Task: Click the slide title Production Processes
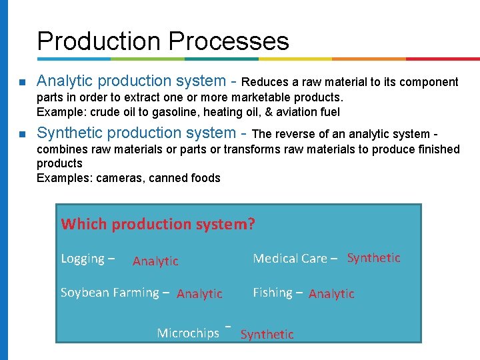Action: pyautogui.click(x=163, y=41)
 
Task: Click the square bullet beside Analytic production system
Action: pyautogui.click(x=22, y=83)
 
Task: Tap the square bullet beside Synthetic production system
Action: pyautogui.click(x=22, y=135)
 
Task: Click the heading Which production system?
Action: pyautogui.click(x=158, y=224)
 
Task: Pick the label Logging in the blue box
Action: pyautogui.click(x=83, y=259)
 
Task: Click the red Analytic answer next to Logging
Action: pyautogui.click(x=155, y=261)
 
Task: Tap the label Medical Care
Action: pyautogui.click(x=290, y=259)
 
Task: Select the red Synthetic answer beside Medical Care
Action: pyautogui.click(x=374, y=258)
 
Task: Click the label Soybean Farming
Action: pyautogui.click(x=109, y=293)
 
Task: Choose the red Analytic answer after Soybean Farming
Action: pyautogui.click(x=199, y=294)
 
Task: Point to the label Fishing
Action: pyautogui.click(x=273, y=293)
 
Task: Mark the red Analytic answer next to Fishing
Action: pyautogui.click(x=331, y=294)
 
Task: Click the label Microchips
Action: pyautogui.click(x=188, y=333)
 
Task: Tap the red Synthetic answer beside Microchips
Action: pyautogui.click(x=267, y=335)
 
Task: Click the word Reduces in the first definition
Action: pyautogui.click(x=266, y=83)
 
